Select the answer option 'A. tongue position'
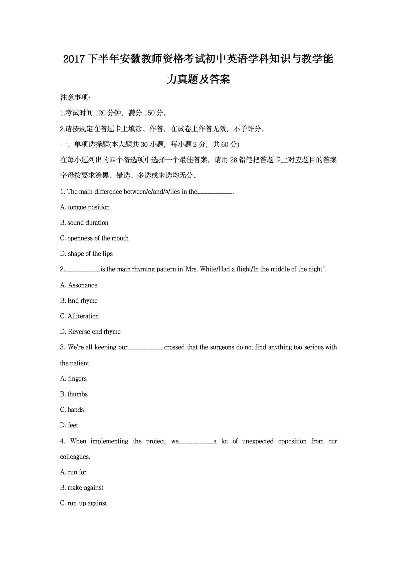click(85, 207)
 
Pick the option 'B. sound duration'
click(84, 223)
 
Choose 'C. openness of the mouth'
click(94, 238)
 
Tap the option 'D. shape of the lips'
click(86, 254)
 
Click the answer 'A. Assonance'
click(79, 285)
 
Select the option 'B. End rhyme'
click(79, 301)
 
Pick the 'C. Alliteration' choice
click(79, 316)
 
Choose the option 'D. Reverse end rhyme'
click(90, 332)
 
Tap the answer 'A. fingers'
click(73, 379)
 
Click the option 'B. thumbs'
click(74, 394)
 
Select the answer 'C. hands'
click(72, 410)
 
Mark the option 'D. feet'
click(69, 425)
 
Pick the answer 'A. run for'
click(73, 472)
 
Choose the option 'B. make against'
click(82, 488)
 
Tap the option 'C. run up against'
click(83, 503)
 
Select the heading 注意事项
click(75, 97)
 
